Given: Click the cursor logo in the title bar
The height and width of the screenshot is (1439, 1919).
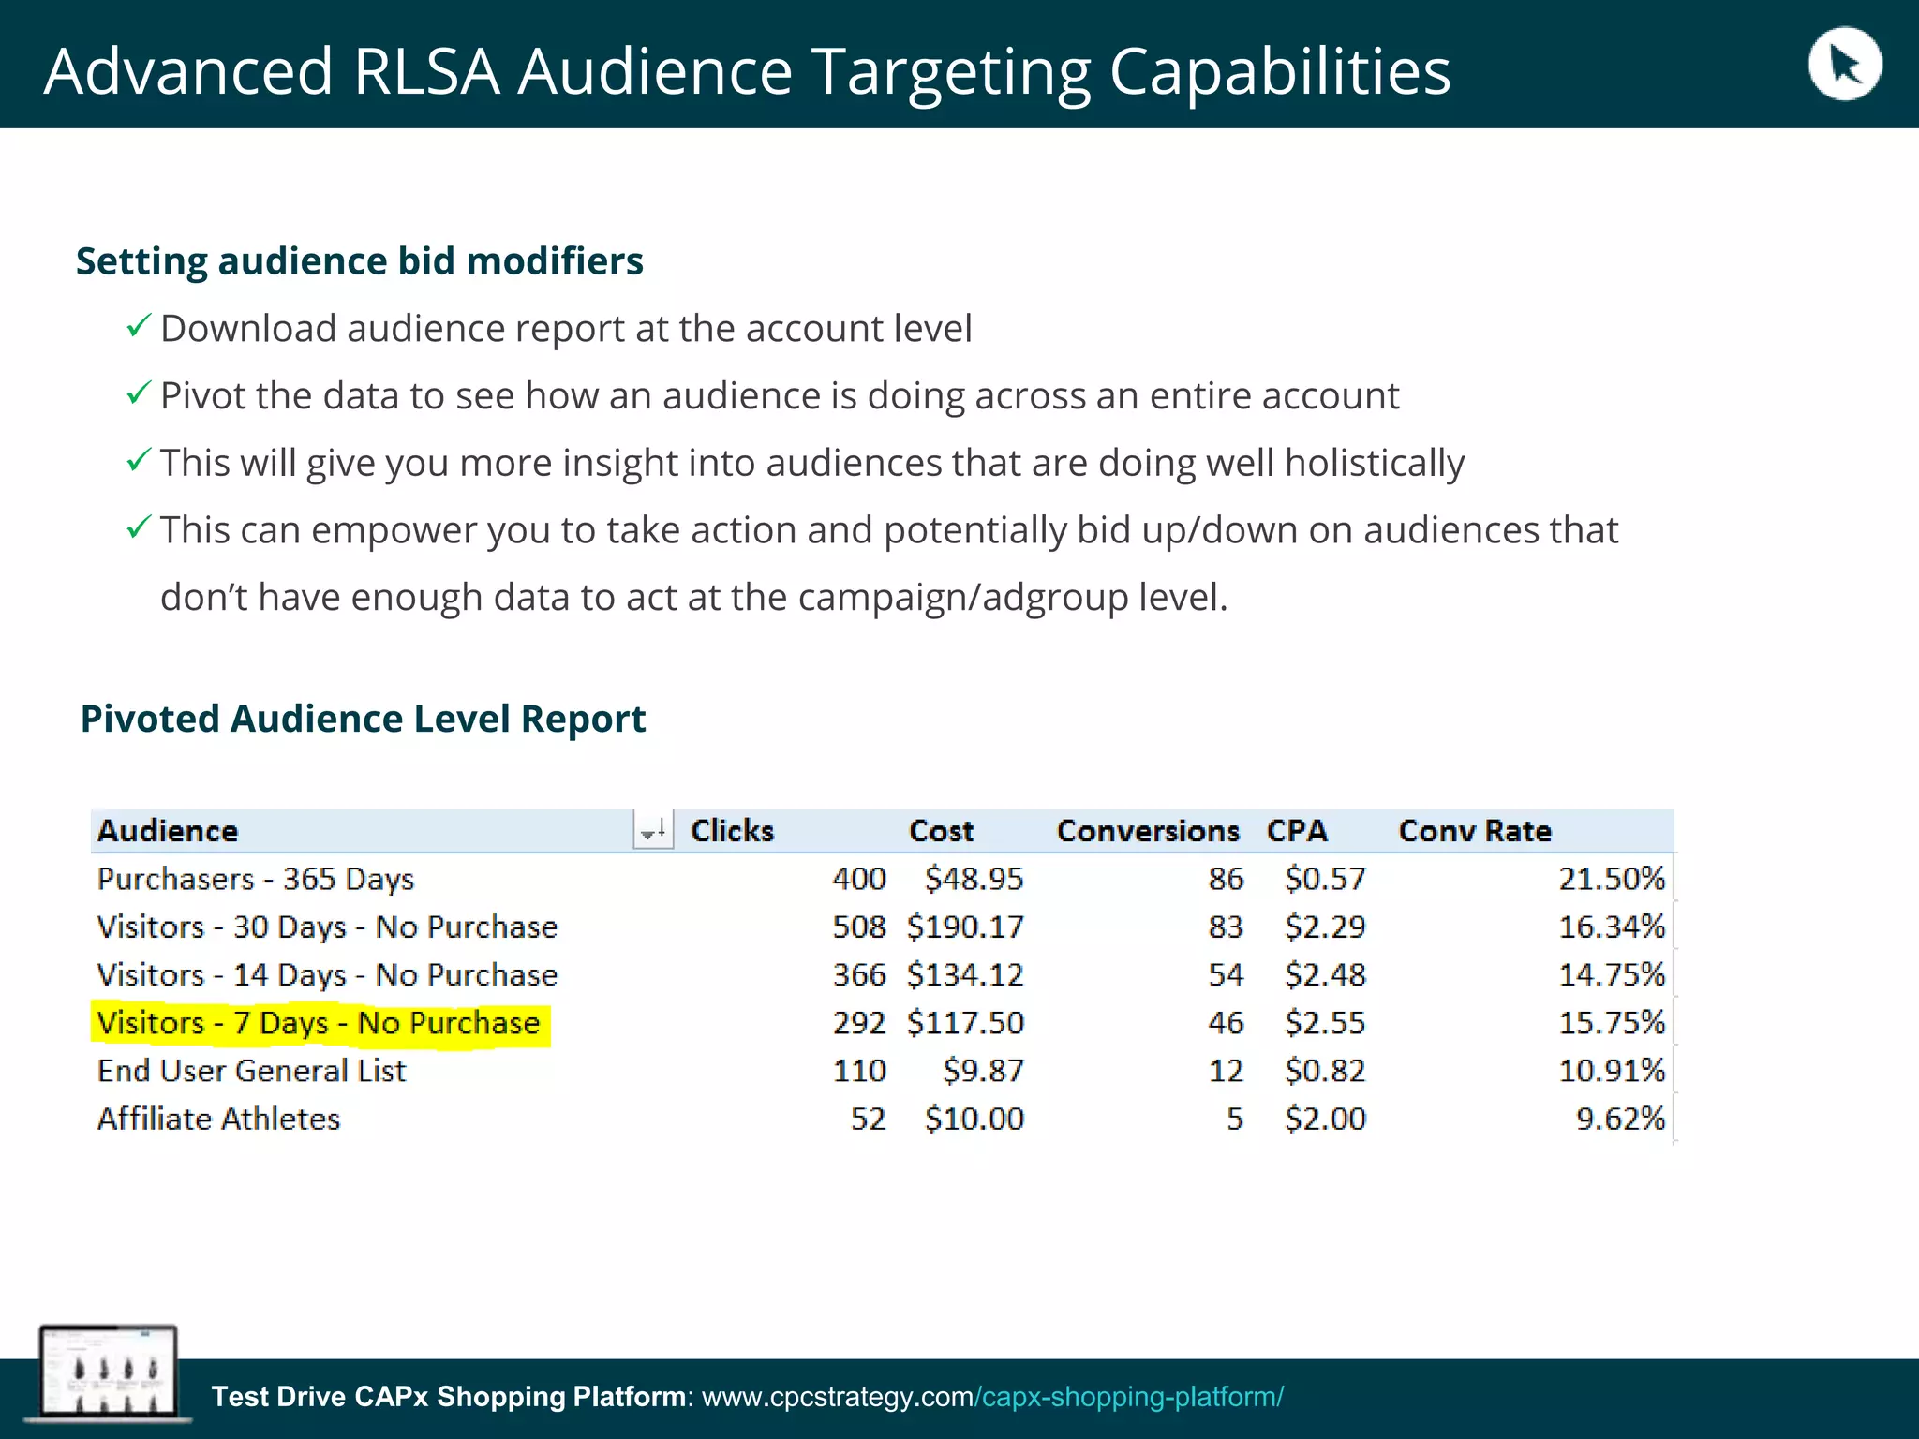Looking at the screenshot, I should pos(1843,65).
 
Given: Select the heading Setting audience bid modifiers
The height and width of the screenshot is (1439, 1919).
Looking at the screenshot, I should pos(360,261).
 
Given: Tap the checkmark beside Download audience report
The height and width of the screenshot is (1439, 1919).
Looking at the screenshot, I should pos(138,326).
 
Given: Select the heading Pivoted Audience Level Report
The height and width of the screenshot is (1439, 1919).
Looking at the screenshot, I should pos(363,719).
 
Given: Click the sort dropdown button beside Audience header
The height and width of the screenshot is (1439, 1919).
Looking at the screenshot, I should pos(653,830).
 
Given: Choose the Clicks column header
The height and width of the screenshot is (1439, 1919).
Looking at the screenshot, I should pos(732,831).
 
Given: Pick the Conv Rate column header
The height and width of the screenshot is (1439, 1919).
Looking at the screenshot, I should pos(1474,831).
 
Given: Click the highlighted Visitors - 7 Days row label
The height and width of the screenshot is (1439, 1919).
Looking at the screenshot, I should pos(319,1023).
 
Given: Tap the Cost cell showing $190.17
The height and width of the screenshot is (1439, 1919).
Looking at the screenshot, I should pos(965,927).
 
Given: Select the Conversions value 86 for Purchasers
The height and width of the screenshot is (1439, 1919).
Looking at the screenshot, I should pos(1226,879).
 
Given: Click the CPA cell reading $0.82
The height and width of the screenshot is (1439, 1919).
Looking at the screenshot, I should pos(1324,1071).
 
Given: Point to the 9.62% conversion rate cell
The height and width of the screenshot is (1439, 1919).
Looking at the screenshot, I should pos(1620,1119).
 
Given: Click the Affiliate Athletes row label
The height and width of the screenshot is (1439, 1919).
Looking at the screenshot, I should pos(218,1119).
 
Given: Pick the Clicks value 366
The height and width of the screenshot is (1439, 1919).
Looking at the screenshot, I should pos(858,975).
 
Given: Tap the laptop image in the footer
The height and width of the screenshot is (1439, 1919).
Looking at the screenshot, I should pos(108,1372).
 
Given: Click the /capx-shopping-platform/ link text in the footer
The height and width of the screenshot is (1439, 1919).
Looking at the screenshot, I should pos(1128,1397).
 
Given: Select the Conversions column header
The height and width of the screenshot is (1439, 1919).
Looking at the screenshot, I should pos(1148,831).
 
